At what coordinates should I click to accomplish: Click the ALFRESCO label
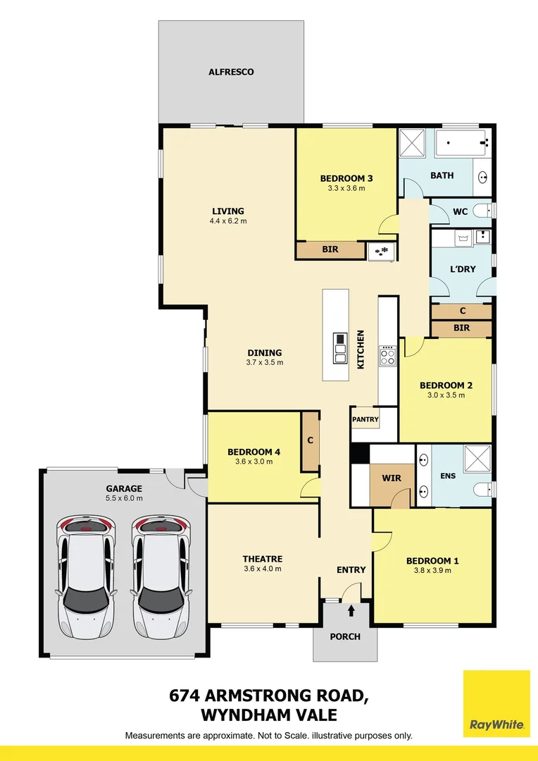[x=231, y=72]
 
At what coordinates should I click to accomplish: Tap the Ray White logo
[x=496, y=703]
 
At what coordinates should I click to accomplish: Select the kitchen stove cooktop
[x=387, y=355]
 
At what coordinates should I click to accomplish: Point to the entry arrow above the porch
[x=351, y=610]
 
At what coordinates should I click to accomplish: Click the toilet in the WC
[x=482, y=210]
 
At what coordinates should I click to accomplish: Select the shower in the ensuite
[x=477, y=459]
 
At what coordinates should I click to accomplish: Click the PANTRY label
[x=365, y=419]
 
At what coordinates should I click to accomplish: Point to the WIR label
[x=392, y=478]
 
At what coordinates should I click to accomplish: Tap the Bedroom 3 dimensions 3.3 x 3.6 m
[x=346, y=188]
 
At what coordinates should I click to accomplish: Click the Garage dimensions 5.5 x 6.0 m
[x=124, y=498]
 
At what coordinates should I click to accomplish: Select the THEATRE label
[x=263, y=559]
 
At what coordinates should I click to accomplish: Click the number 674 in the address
[x=184, y=695]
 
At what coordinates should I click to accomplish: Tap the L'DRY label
[x=463, y=269]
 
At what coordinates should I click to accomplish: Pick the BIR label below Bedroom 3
[x=330, y=249]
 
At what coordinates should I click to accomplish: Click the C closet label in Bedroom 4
[x=311, y=440]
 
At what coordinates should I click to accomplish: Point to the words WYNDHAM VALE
[x=269, y=715]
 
